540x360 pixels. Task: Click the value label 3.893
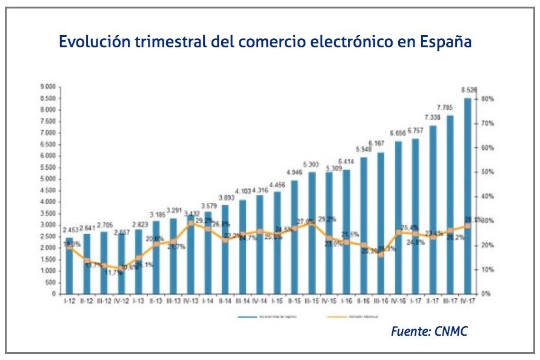(x=225, y=196)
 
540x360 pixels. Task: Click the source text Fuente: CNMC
(x=429, y=331)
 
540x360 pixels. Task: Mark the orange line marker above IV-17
(x=467, y=226)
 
